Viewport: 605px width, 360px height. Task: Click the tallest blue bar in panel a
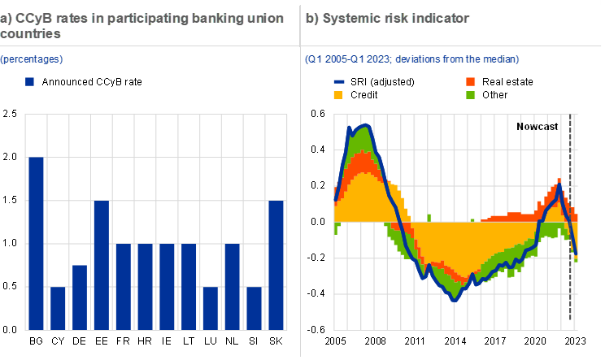coord(35,243)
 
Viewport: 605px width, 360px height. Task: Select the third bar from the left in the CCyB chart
coord(79,297)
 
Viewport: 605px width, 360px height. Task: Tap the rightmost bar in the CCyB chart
coord(276,265)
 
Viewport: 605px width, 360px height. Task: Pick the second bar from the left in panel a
coord(57,308)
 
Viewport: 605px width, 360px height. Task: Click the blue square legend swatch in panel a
coord(30,81)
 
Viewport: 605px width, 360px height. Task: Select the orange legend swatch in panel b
coord(470,82)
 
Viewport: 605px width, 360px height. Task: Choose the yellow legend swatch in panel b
coord(338,95)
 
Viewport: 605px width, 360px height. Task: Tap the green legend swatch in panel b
coord(470,95)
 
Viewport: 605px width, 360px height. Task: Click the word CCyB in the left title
coord(34,18)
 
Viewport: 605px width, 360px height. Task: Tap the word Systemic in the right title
coord(346,18)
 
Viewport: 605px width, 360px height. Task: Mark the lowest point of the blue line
coord(455,298)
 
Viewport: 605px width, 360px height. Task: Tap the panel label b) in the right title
coord(311,18)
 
